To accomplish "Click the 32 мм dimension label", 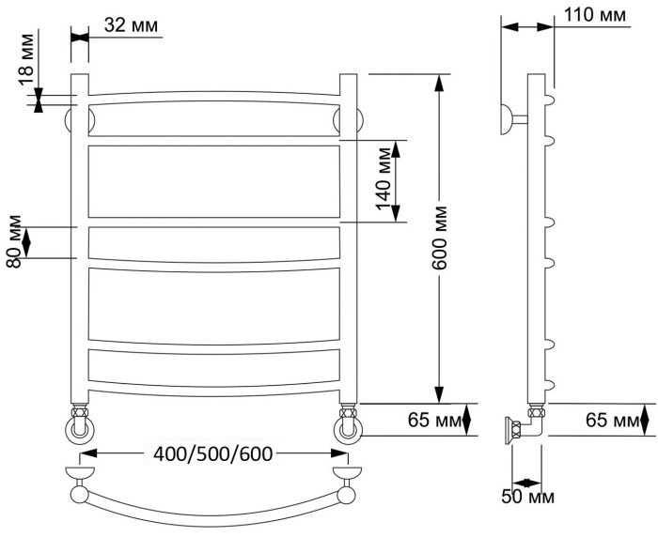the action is [131, 26].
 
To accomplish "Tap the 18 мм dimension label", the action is [26, 59].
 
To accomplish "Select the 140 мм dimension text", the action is [384, 178].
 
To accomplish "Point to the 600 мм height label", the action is [440, 238].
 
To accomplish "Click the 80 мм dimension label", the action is [14, 241].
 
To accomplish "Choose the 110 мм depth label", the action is [595, 15].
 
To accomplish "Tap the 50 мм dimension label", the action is [528, 497].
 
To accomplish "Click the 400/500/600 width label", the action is [213, 453].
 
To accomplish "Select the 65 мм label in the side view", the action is [612, 420].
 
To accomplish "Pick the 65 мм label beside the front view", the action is [434, 420].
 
